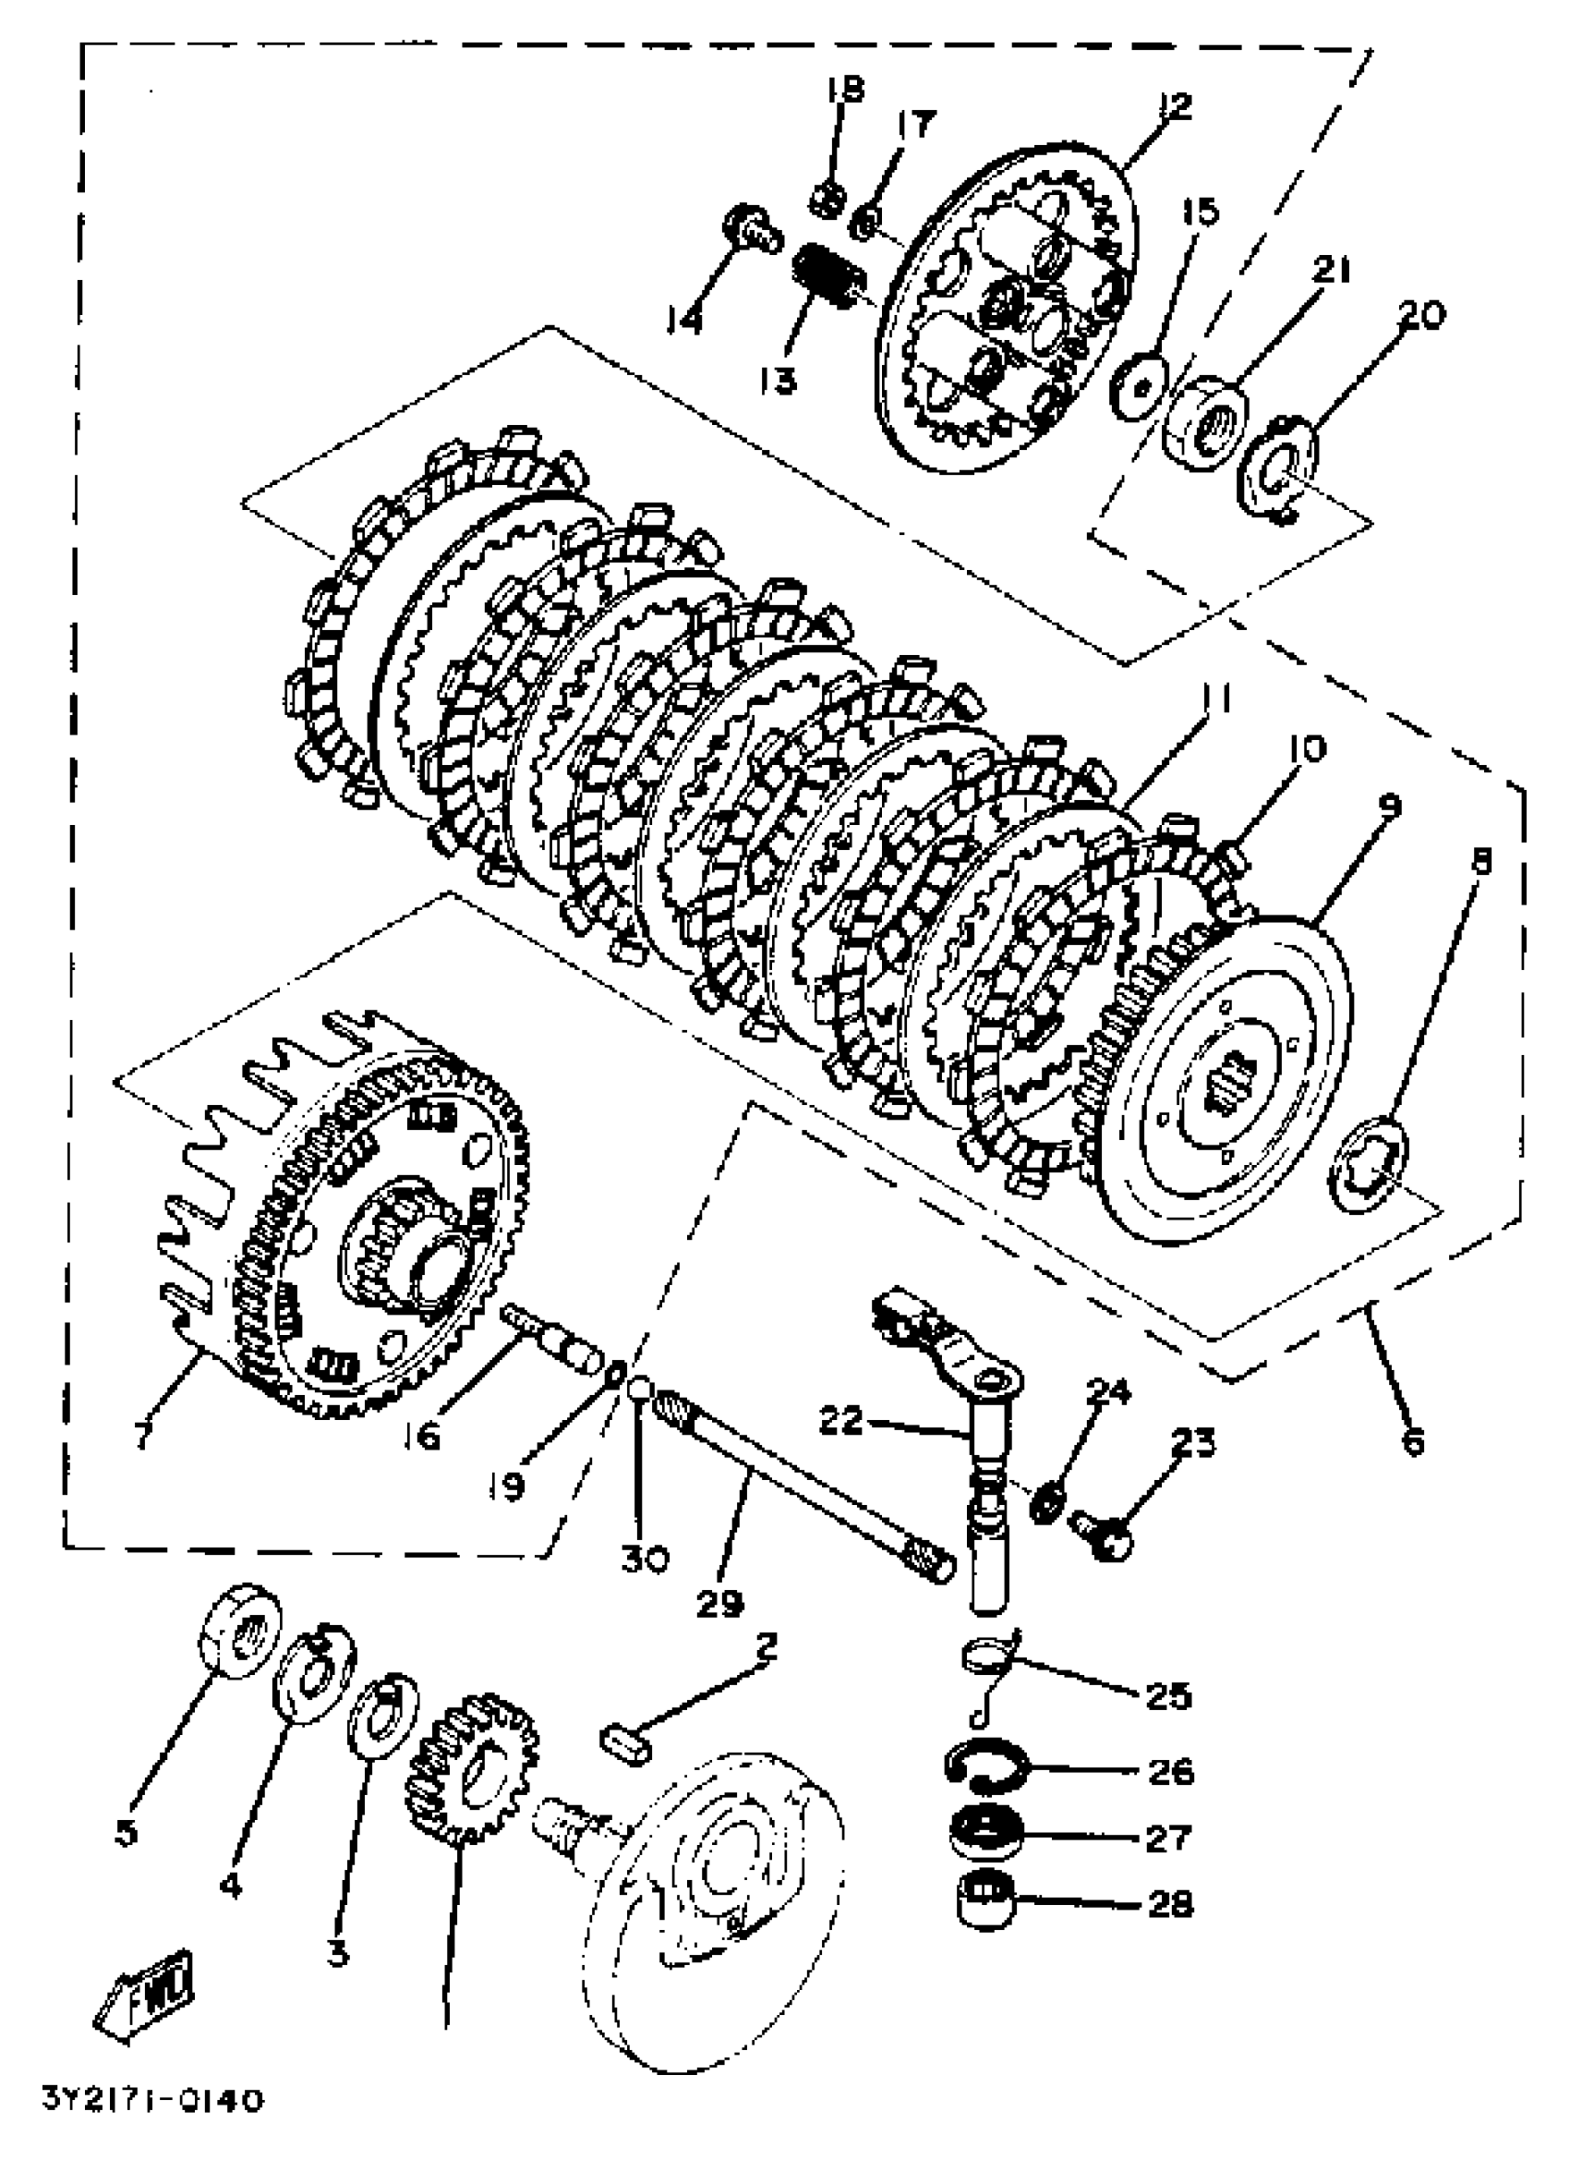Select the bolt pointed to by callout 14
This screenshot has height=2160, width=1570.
(x=748, y=226)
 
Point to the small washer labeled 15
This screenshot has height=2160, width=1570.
(x=1140, y=382)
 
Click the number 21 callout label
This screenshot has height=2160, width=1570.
(x=1332, y=271)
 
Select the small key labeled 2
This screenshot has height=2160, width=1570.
(x=623, y=1741)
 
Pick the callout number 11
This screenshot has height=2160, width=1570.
(x=1214, y=700)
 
